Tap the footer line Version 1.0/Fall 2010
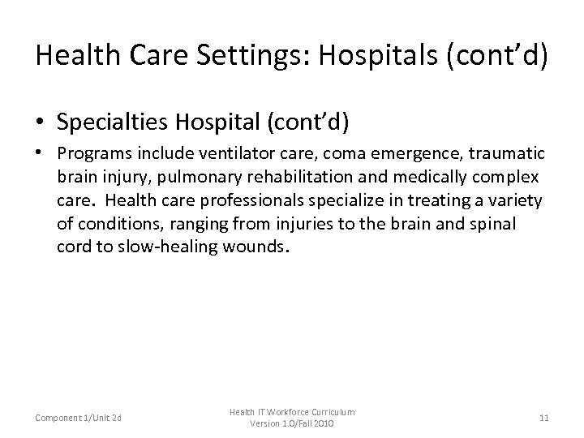(291, 423)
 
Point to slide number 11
(543, 417)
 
